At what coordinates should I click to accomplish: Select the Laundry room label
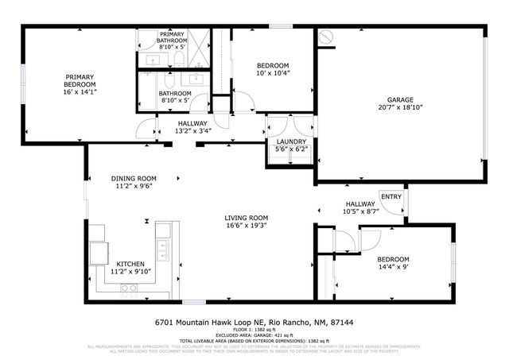[289, 141]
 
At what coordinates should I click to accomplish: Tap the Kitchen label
[131, 263]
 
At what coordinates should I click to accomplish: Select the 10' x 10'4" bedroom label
[272, 65]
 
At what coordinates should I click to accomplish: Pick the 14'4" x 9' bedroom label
[393, 260]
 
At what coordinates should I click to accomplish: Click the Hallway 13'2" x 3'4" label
[192, 123]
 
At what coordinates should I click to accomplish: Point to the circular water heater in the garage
[325, 37]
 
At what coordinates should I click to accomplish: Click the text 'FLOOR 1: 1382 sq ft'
[254, 330]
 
